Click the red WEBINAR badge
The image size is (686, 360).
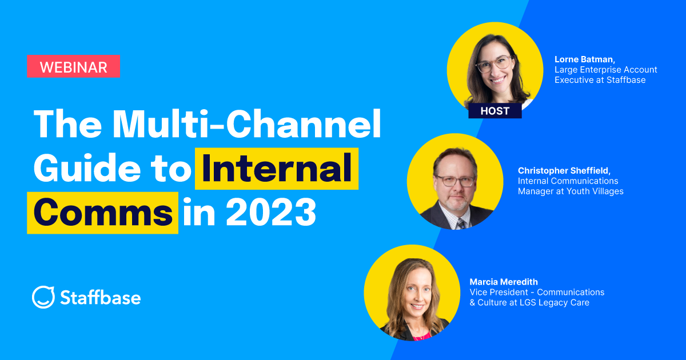(73, 66)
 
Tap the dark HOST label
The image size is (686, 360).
(495, 110)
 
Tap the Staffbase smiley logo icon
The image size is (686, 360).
(43, 297)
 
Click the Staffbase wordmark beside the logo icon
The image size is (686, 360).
(100, 298)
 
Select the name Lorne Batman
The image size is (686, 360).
(583, 59)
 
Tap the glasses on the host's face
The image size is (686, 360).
(494, 64)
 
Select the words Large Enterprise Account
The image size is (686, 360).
(606, 69)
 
